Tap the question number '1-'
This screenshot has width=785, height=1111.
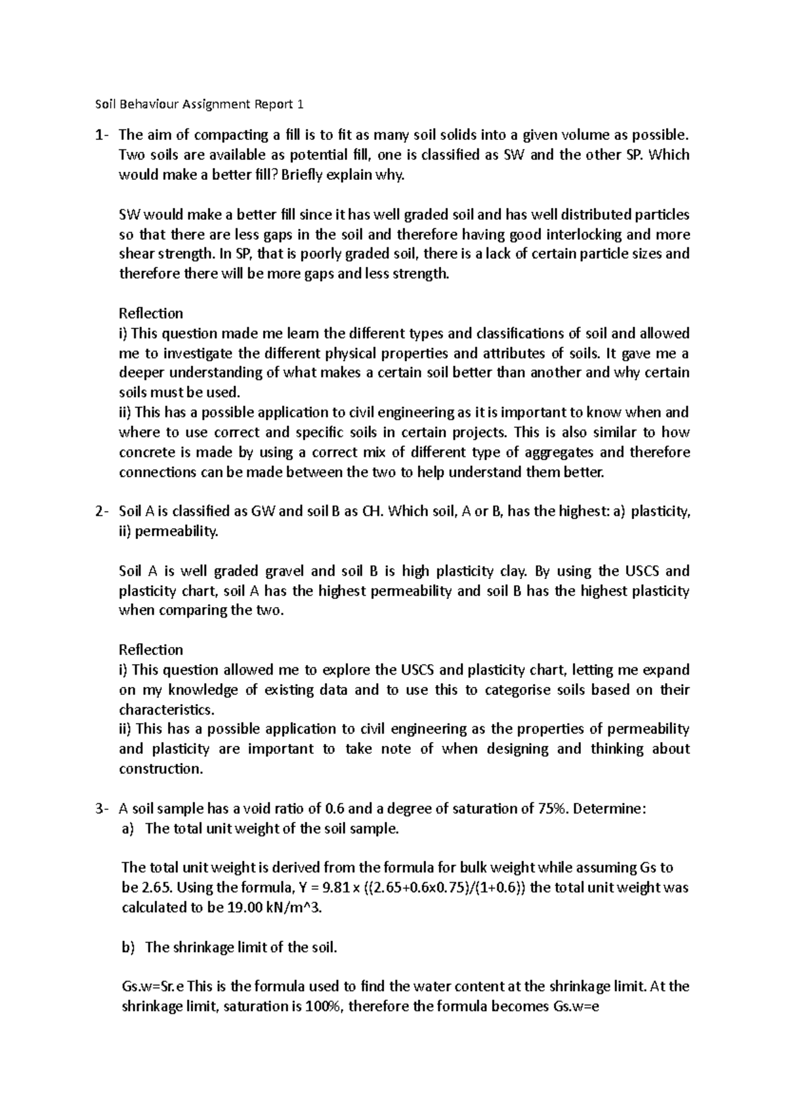coord(101,135)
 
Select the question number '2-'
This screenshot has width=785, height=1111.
coord(101,512)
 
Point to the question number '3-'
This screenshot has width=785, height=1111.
coord(101,809)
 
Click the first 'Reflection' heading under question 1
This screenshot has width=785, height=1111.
coord(151,313)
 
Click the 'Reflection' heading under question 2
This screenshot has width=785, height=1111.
coord(151,650)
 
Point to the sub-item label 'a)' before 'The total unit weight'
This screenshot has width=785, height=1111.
coord(128,829)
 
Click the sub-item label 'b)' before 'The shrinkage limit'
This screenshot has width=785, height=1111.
coord(128,947)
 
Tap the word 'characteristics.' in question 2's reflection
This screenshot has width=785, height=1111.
coord(166,710)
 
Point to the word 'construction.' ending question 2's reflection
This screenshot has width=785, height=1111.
coord(161,769)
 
